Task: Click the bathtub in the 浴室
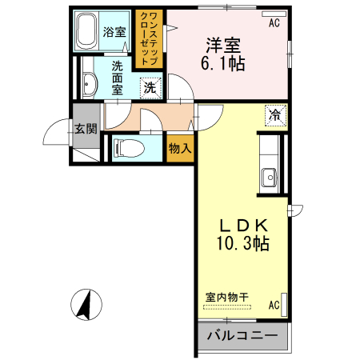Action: point(87,32)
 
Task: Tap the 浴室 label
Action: point(114,32)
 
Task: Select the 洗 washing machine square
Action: point(150,88)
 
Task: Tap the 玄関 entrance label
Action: point(85,129)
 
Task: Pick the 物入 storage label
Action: point(180,147)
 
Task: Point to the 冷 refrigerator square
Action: point(274,114)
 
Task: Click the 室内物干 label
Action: point(227,297)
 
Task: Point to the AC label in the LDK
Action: point(274,305)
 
